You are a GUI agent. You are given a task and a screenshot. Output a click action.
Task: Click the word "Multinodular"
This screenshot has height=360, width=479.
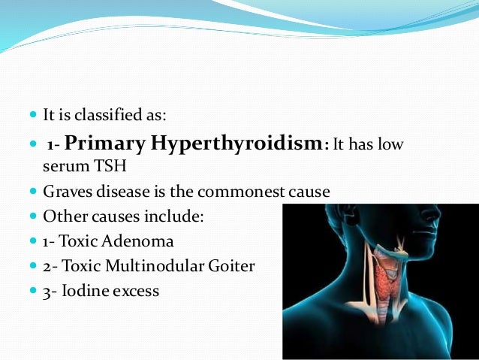pyautogui.click(x=153, y=266)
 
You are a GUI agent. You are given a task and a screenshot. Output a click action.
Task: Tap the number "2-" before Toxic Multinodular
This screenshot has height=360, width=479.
pyautogui.click(x=50, y=266)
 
